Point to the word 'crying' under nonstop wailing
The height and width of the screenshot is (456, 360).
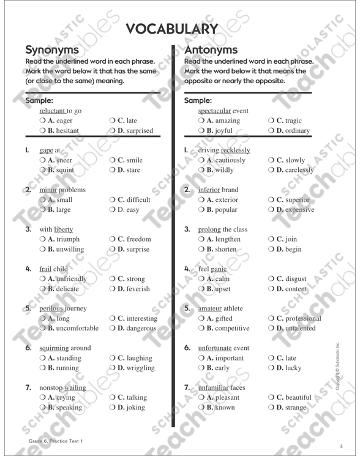66,398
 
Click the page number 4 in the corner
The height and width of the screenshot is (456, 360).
342,444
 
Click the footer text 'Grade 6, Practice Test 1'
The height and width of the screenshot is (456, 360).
54,441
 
